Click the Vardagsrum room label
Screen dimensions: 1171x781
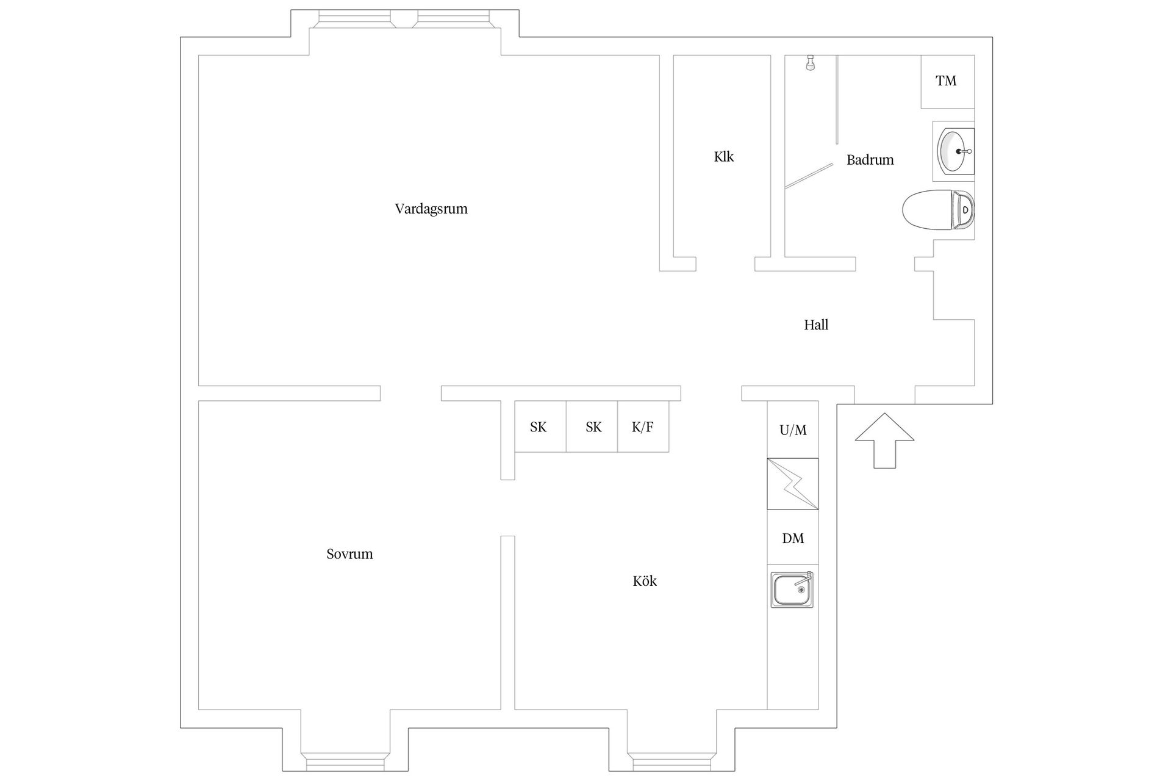click(x=431, y=209)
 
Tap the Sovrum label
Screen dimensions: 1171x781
click(x=349, y=554)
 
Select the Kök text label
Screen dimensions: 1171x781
click(x=645, y=581)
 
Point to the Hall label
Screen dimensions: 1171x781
click(x=816, y=325)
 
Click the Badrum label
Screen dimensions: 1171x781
click(x=870, y=160)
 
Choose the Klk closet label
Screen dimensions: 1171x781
click(x=724, y=157)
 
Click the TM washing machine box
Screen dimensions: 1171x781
click(x=947, y=82)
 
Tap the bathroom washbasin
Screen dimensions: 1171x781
click(x=954, y=151)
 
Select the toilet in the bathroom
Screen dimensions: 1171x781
click(x=938, y=210)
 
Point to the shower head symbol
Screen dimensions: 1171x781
click(x=809, y=63)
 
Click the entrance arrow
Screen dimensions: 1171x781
click(x=884, y=441)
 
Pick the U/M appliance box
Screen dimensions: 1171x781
click(x=793, y=430)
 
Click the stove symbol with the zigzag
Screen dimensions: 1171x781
click(x=793, y=484)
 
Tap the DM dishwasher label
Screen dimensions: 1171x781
click(x=793, y=538)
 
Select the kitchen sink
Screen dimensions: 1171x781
click(x=792, y=589)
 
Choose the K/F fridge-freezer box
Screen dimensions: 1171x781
click(x=643, y=426)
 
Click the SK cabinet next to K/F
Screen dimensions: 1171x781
click(x=592, y=426)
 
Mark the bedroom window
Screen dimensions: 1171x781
click(x=345, y=762)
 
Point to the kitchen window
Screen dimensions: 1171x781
click(x=671, y=762)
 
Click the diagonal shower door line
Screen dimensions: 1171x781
click(x=809, y=176)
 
